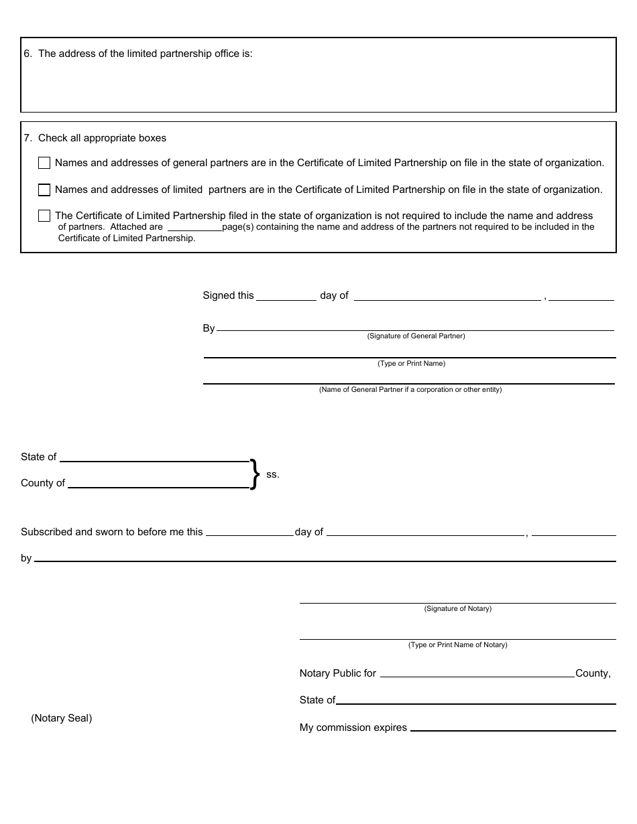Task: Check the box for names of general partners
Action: pyautogui.click(x=44, y=163)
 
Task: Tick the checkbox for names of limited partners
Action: pyautogui.click(x=44, y=190)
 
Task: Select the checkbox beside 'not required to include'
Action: pyautogui.click(x=44, y=216)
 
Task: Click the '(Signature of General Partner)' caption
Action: pyautogui.click(x=416, y=336)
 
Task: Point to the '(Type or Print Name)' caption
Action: pyautogui.click(x=411, y=364)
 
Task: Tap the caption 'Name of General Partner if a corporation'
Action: pyautogui.click(x=410, y=390)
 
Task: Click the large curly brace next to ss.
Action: pyautogui.click(x=254, y=474)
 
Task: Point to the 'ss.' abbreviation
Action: pyautogui.click(x=272, y=474)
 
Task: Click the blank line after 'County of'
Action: pyautogui.click(x=158, y=484)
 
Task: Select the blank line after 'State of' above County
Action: pyautogui.click(x=154, y=458)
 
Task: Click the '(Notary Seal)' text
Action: pyautogui.click(x=62, y=718)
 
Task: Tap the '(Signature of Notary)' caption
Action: pyautogui.click(x=457, y=609)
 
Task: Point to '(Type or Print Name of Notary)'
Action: pyautogui.click(x=457, y=645)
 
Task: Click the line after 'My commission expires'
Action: pyautogui.click(x=512, y=728)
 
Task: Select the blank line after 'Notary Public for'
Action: pyautogui.click(x=477, y=675)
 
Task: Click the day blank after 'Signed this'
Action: pyautogui.click(x=286, y=297)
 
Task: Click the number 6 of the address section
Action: pyautogui.click(x=27, y=54)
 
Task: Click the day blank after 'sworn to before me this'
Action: pyautogui.click(x=249, y=533)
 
